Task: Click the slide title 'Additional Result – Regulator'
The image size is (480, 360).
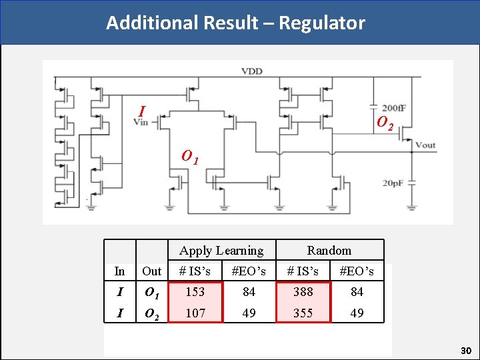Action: [235, 23]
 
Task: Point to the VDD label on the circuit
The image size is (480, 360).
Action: [251, 71]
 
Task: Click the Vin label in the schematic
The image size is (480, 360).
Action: [141, 121]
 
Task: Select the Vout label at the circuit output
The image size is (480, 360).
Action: [425, 145]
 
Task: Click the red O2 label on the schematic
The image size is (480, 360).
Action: [385, 123]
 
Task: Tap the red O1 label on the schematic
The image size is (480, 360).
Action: [190, 157]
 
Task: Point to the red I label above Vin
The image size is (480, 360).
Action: [141, 110]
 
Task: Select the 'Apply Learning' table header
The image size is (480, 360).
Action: [221, 251]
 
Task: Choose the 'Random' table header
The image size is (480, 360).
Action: [329, 251]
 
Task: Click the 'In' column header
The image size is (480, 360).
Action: [119, 271]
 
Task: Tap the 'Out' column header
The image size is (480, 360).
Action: [152, 271]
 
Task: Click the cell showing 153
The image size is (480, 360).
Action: [195, 292]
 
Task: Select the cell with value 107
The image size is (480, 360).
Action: [195, 313]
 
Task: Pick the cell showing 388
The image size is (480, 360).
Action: [303, 292]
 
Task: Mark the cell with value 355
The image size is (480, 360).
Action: [303, 313]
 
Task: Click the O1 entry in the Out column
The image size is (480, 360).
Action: [152, 292]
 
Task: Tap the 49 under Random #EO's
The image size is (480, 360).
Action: [357, 313]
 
